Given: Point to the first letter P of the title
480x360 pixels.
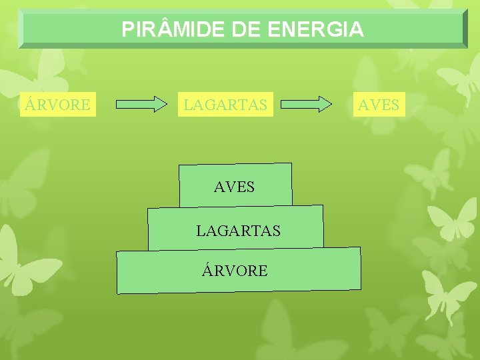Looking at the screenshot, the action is [x=127, y=30].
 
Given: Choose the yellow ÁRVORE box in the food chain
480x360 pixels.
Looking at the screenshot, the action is [x=58, y=105].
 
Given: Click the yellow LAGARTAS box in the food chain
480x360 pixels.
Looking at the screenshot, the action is [x=225, y=105].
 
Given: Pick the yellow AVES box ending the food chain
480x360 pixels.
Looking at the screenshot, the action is [x=379, y=105].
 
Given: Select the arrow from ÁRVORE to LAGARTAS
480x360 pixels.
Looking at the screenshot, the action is [x=141, y=104].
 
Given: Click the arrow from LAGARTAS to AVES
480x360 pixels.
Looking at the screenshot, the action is [x=306, y=104].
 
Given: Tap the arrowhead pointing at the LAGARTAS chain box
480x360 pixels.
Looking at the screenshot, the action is [x=160, y=104].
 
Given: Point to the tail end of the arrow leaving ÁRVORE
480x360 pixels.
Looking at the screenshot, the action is [x=119, y=104].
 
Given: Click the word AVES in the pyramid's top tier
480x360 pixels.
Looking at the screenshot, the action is [x=234, y=187].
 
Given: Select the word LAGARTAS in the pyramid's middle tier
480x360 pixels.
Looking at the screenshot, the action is [x=238, y=231].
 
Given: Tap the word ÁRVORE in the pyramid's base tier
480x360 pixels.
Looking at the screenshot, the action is [x=235, y=271].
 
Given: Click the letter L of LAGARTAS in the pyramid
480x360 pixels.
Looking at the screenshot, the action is [x=199, y=231].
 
